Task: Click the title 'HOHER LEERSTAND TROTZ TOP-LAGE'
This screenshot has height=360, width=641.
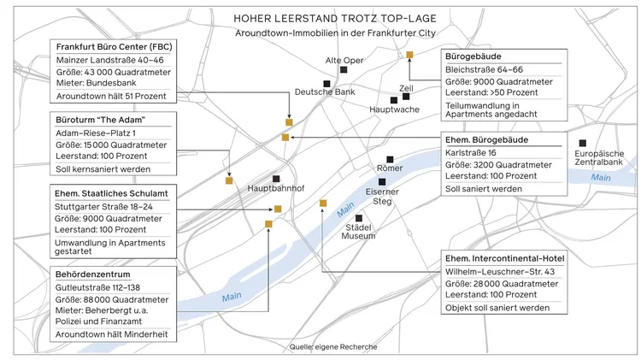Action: (320, 16)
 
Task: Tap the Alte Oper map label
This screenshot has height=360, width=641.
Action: (343, 60)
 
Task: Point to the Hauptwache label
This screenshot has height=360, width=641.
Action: (394, 110)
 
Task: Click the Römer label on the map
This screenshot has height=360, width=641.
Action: (390, 168)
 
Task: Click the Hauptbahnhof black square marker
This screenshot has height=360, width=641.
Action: (276, 177)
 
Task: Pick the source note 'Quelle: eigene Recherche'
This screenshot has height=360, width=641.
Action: (332, 347)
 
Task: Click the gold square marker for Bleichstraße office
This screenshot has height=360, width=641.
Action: (409, 55)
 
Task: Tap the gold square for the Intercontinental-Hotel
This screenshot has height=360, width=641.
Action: (323, 203)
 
